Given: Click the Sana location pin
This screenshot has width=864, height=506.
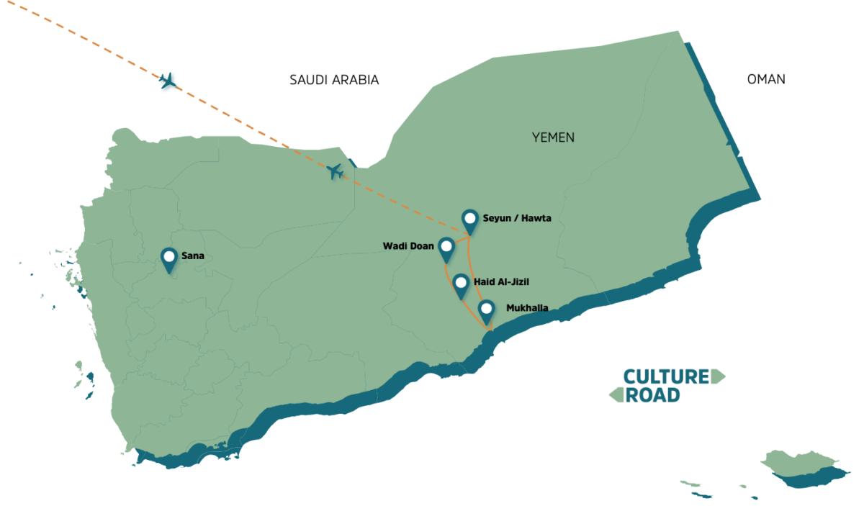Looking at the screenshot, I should pos(169,259).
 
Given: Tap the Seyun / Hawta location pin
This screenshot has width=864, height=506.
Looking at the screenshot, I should pos(470,220).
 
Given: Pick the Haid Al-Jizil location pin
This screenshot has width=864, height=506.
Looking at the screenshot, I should pos(461,284).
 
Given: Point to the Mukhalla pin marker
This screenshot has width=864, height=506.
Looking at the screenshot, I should pos(487,311).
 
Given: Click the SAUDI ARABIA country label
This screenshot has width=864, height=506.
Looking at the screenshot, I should pos(333,80).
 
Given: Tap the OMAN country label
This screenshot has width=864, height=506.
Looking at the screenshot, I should pos(766,79).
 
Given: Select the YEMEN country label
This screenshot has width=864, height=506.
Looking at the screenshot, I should pos(553,137).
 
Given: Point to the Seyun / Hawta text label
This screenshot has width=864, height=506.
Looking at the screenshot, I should pos(517,218).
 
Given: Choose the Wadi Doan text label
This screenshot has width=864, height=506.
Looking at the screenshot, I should pos(408,246).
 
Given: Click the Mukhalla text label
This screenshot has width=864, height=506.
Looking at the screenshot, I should pos(527,308).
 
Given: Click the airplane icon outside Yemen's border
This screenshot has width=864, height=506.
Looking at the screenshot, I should pos(168,80).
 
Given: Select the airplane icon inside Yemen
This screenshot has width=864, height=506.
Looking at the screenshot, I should pos(334,171).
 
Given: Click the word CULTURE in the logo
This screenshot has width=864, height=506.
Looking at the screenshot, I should pos(666,376).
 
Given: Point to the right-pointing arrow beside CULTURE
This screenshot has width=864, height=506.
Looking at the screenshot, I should pos(718,376).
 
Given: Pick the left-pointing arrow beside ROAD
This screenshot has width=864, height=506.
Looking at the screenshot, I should pos(616,394).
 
